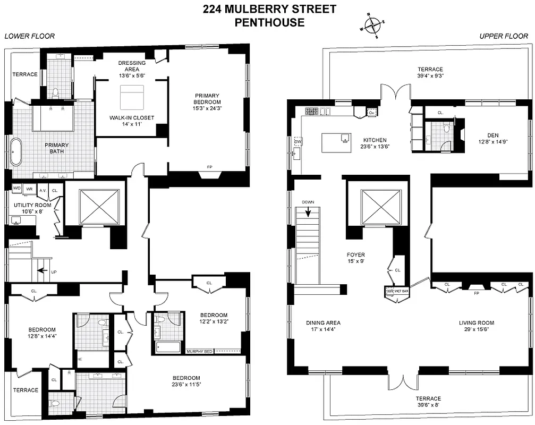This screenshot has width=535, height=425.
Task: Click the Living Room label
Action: click(476, 322)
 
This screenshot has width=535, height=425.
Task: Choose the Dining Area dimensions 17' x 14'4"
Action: click(323, 329)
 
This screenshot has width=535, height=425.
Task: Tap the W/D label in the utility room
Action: click(17, 189)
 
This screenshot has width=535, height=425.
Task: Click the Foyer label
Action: click(355, 254)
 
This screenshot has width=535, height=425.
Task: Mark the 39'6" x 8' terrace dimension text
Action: click(428, 406)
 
